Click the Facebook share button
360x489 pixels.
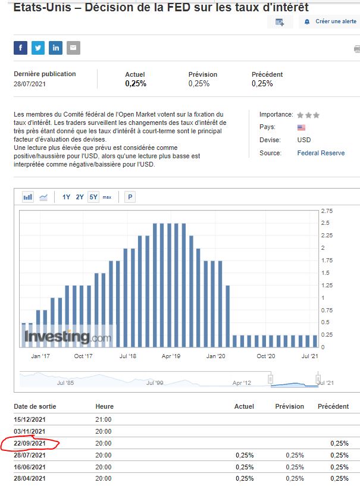pos(21,48)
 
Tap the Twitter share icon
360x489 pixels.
pos(38,48)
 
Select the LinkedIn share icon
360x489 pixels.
pos(56,48)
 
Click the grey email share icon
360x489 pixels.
pos(73,48)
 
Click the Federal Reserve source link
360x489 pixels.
pos(321,153)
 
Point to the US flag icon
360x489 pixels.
pos(301,127)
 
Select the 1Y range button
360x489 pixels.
pos(66,197)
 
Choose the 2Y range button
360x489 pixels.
pos(80,197)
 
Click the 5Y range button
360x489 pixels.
pos(93,197)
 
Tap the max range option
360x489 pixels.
pos(107,197)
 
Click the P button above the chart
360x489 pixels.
pos(130,197)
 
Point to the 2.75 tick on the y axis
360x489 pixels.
pos(327,211)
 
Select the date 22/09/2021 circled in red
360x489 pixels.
pos(30,443)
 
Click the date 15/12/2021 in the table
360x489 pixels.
pos(30,419)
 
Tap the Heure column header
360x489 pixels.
pos(104,406)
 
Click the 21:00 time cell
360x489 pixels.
pos(104,419)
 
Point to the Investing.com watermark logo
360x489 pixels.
pos(67,337)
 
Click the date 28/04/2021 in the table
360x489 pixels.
pos(30,478)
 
